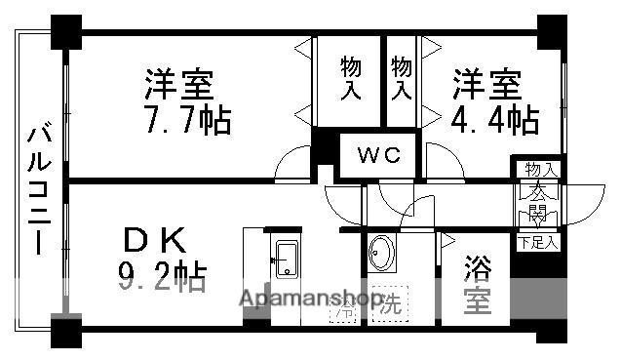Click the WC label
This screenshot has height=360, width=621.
[374, 154]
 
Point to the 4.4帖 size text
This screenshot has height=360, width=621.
[496, 120]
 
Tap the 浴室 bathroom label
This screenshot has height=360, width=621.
[477, 284]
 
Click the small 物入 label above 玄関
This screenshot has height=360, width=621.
[538, 170]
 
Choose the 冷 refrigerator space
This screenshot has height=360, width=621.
[345, 311]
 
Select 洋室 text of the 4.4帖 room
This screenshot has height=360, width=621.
[485, 83]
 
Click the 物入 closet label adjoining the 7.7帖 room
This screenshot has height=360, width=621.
[352, 78]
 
